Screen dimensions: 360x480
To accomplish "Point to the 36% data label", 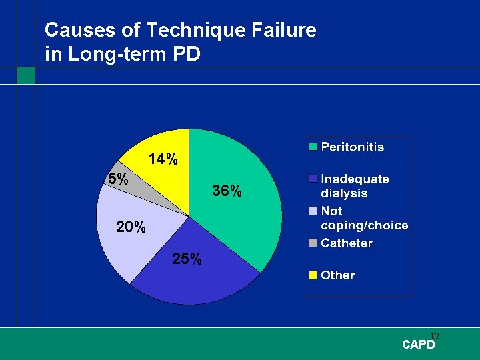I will coord(227,191).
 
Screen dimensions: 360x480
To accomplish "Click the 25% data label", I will coord(187,259).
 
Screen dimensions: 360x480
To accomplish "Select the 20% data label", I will coord(131,227).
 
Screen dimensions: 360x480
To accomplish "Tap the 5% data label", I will coord(118,179).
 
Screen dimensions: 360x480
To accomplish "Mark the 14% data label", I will coord(163,159).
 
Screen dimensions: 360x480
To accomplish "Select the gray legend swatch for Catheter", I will coord(311,243).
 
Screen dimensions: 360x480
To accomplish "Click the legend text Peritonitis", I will coord(353,147).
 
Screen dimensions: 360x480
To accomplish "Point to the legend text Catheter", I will coord(347,243).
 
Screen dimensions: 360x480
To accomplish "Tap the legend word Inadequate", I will coord(355,179).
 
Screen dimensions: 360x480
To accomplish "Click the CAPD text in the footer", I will coord(418,345).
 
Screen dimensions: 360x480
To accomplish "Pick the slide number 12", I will coord(434,336).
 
